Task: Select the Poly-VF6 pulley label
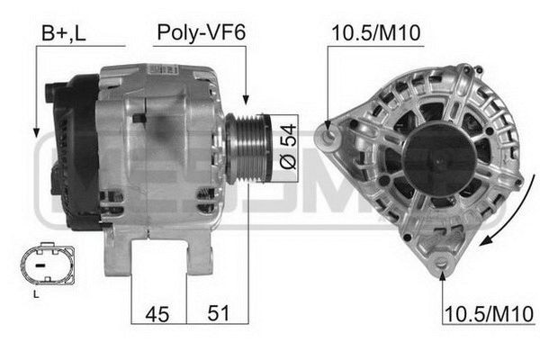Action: pos(201,33)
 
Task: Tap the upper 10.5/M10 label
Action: pos(376,33)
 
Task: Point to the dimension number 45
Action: pos(159,313)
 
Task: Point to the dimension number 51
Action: pos(217,313)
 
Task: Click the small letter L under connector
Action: pos(35,294)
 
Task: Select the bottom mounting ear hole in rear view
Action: pos(442,262)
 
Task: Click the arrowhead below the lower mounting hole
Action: pos(442,275)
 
